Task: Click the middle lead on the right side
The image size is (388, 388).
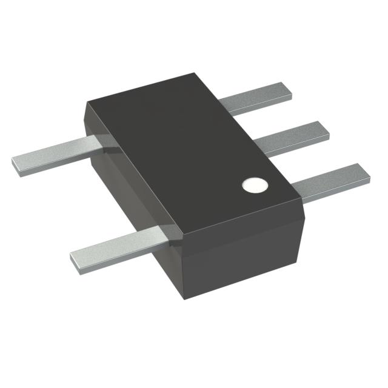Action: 291,137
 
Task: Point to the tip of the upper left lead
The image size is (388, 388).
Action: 15,163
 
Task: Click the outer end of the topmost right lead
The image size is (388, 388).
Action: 289,89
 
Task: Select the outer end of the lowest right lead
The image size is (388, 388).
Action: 366,172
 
